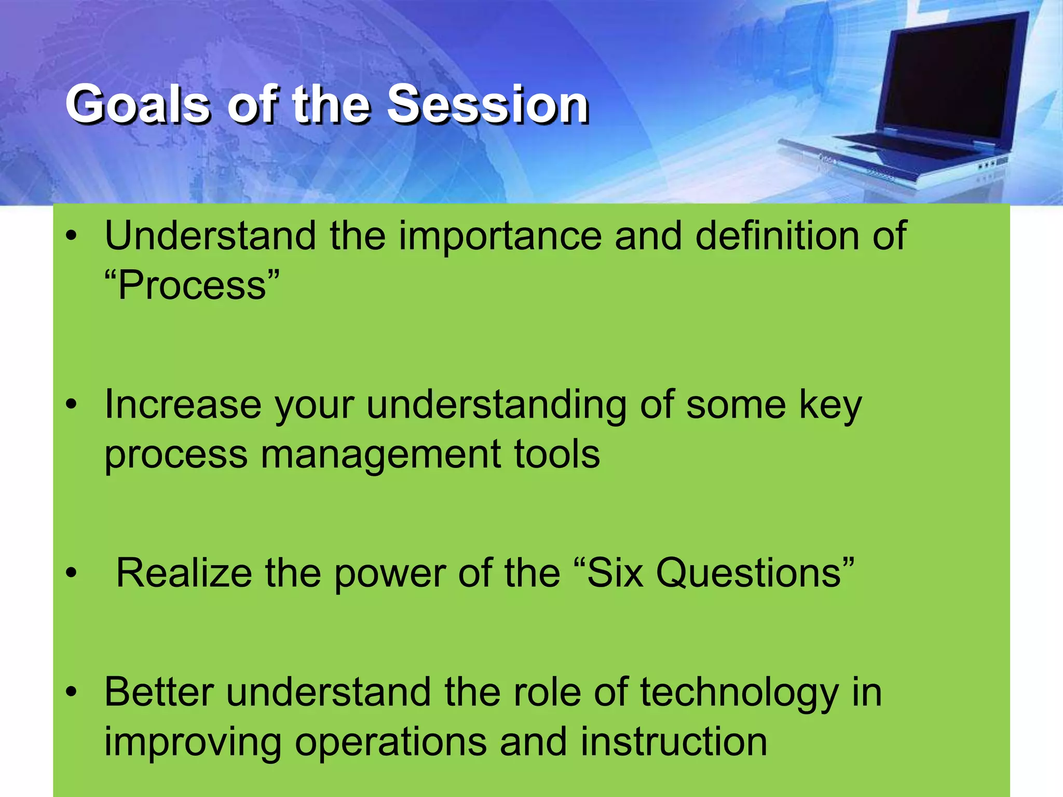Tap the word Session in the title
click(x=488, y=105)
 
